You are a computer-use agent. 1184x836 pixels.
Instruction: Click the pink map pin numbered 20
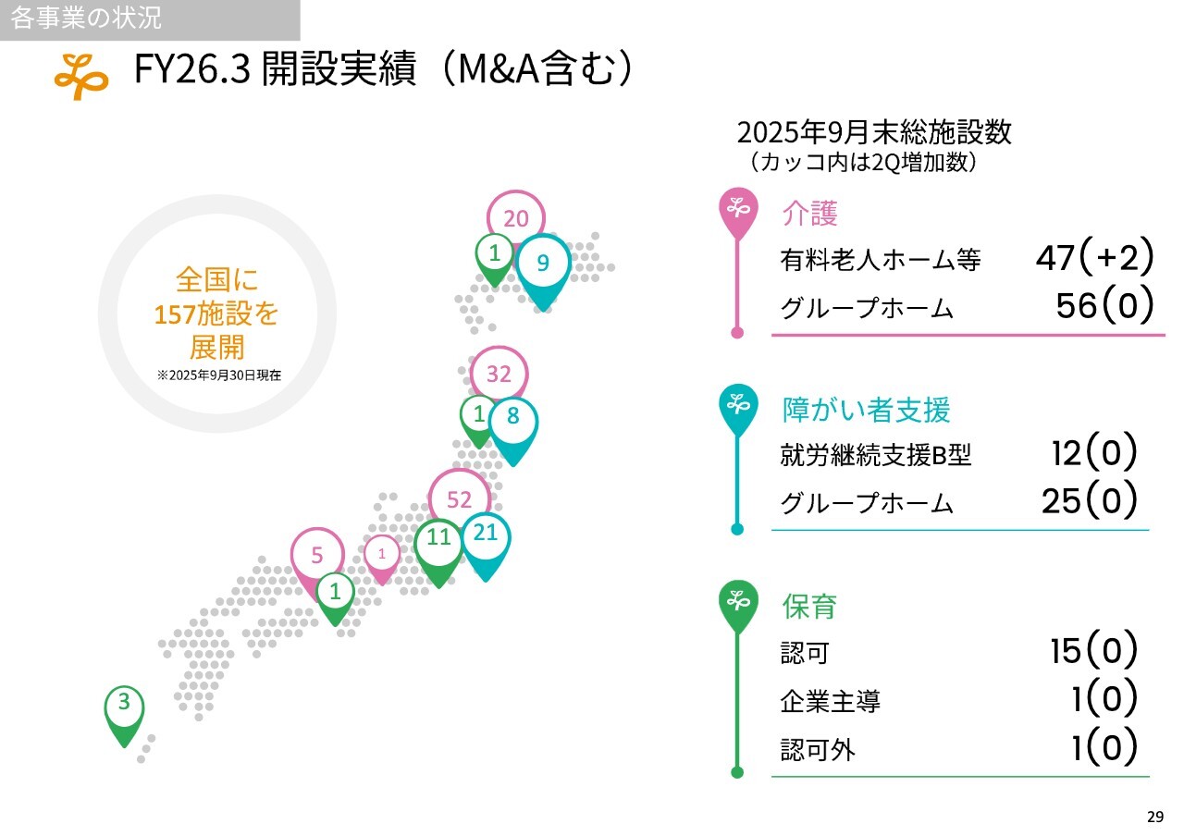(x=516, y=217)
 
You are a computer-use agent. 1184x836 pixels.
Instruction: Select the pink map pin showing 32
(x=499, y=374)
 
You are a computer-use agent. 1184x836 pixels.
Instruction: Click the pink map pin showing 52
(x=459, y=498)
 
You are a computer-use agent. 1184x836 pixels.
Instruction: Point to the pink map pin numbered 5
(x=316, y=555)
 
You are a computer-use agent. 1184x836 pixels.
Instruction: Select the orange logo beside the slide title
(x=81, y=76)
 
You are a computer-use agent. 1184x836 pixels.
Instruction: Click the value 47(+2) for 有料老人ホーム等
(x=1094, y=257)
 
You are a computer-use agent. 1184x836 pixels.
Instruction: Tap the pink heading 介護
(x=809, y=214)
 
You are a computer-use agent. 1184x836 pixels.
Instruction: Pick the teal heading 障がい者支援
(x=866, y=410)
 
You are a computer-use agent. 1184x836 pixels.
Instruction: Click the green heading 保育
(x=809, y=607)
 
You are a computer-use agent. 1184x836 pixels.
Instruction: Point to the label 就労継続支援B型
(x=876, y=454)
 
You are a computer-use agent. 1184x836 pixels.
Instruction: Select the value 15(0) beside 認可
(x=1093, y=650)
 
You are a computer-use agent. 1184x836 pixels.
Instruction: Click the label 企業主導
(x=830, y=702)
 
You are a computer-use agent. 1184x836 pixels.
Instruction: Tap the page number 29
(x=1155, y=817)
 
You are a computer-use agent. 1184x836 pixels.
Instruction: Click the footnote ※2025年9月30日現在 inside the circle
(x=219, y=375)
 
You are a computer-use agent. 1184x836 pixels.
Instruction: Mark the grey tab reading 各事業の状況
(x=150, y=19)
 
